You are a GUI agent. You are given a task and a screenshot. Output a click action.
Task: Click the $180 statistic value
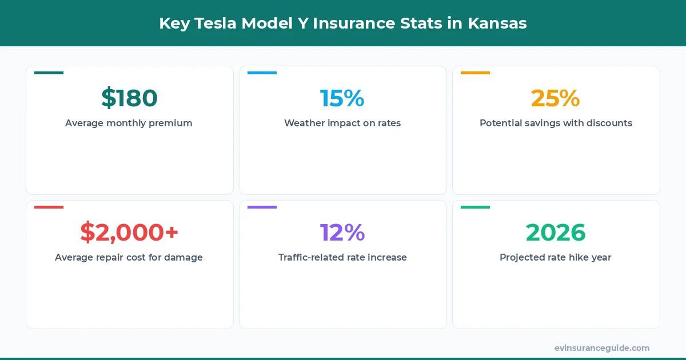(x=129, y=98)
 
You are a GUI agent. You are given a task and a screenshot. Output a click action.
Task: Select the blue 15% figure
(x=342, y=98)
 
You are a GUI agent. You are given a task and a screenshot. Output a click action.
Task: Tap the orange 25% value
(x=555, y=98)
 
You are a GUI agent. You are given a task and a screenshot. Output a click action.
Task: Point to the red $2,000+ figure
(x=129, y=233)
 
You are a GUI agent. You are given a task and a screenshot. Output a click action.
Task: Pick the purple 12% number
(x=342, y=233)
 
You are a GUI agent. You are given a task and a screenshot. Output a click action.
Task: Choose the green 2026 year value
(x=555, y=233)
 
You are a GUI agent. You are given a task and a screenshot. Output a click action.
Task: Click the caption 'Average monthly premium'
(x=129, y=123)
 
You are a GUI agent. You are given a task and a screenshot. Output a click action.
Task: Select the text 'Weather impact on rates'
(x=342, y=123)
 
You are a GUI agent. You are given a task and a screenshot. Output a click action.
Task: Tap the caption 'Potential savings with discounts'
(x=556, y=123)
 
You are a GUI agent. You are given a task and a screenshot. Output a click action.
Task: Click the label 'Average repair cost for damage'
(x=129, y=257)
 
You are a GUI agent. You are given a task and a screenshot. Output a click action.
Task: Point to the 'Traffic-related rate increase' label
(x=342, y=257)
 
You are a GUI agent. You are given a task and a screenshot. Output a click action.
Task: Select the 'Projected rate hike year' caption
(x=555, y=257)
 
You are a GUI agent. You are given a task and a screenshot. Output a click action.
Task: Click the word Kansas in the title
(x=497, y=23)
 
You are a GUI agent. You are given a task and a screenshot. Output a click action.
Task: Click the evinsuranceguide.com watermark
(x=601, y=348)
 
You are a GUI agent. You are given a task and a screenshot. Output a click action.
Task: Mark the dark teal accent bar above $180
(x=49, y=73)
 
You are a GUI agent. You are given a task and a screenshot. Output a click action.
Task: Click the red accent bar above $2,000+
(x=49, y=207)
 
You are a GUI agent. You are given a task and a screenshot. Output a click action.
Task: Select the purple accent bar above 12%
(x=262, y=207)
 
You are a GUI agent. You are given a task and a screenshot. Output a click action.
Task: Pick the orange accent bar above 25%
(x=475, y=73)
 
